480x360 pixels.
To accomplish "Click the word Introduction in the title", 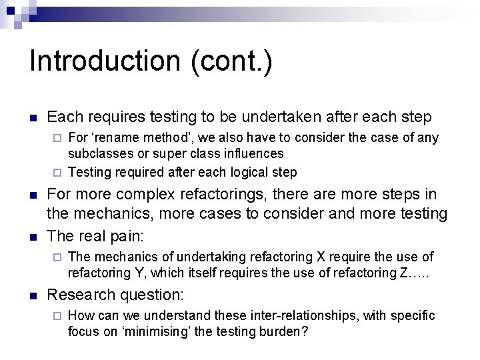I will (105, 62).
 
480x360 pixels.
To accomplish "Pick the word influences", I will (254, 154).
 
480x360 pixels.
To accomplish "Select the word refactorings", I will (238, 195).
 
